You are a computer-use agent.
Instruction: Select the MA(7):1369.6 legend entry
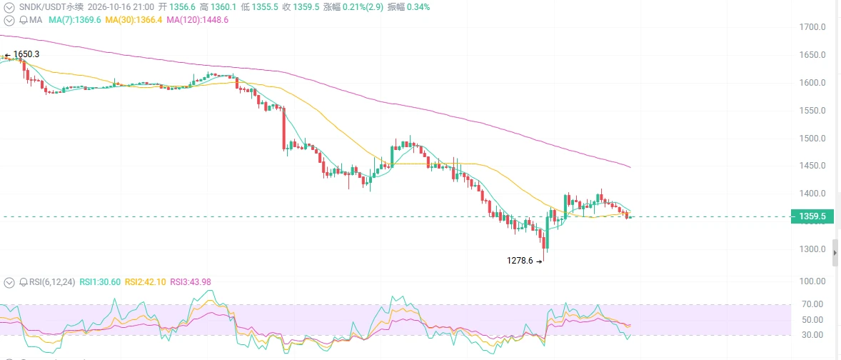74,20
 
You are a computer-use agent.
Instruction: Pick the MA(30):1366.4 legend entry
134,20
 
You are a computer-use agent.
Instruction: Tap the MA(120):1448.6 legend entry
197,20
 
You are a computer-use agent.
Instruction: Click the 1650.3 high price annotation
26,54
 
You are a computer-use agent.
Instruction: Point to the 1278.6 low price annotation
520,261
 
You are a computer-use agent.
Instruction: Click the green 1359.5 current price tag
812,216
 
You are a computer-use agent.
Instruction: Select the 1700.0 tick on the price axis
812,27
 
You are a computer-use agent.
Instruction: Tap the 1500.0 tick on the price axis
812,138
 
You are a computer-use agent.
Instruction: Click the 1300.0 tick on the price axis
812,249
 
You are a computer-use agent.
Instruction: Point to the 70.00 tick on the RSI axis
813,304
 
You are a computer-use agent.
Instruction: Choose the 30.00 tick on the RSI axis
813,335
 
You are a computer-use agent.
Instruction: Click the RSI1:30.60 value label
100,282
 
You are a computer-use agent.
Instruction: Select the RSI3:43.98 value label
191,282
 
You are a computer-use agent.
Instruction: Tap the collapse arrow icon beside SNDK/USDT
9,7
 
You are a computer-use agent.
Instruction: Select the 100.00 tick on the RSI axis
812,281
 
